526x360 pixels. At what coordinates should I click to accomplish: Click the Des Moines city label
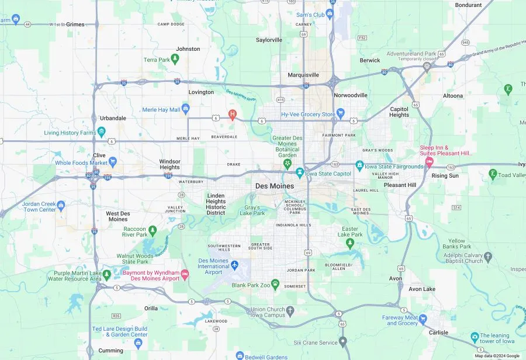(x=275, y=186)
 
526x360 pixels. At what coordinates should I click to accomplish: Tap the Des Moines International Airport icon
(x=235, y=266)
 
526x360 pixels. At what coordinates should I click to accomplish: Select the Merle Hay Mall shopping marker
(x=186, y=109)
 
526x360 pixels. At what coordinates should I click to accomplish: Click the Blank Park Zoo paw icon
(x=275, y=285)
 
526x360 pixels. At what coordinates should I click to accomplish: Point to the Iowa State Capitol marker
(x=300, y=173)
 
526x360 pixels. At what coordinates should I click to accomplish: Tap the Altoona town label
(x=452, y=95)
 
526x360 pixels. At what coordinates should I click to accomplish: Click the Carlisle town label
(x=438, y=333)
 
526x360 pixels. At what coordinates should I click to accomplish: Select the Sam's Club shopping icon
(x=330, y=13)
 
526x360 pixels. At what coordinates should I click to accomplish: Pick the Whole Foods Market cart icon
(x=113, y=162)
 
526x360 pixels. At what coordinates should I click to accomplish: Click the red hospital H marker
(x=233, y=115)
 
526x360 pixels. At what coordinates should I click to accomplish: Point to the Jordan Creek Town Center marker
(x=61, y=206)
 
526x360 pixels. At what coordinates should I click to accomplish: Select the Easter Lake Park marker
(x=350, y=243)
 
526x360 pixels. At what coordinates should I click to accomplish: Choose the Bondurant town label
(x=468, y=5)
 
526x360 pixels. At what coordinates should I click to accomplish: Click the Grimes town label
(x=75, y=25)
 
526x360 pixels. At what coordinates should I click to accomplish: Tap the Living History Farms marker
(x=101, y=132)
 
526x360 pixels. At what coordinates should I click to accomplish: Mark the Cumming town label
(x=110, y=351)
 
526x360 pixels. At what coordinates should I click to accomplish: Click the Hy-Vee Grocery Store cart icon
(x=341, y=114)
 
